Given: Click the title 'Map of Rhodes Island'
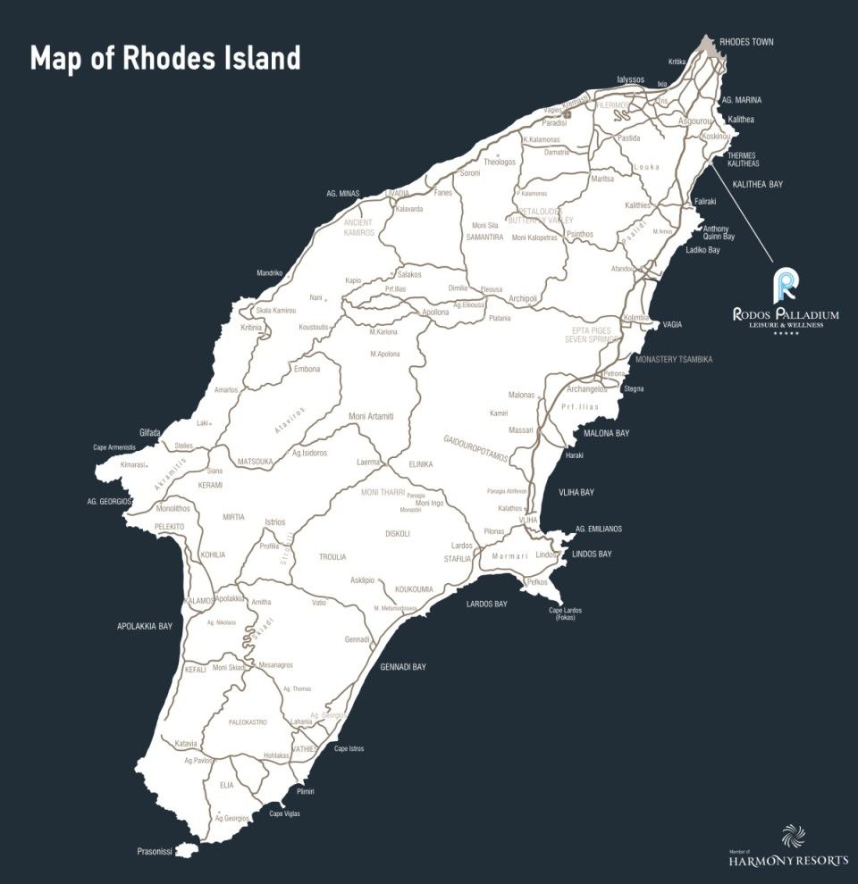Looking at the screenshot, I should click(x=165, y=59).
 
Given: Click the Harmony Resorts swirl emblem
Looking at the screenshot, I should click(x=793, y=837).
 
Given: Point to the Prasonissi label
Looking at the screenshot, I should click(x=156, y=850).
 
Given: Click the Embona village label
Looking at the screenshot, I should click(x=307, y=368).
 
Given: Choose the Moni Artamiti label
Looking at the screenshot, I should click(x=371, y=417).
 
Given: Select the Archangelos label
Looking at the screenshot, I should click(x=587, y=389).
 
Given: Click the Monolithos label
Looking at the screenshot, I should click(x=173, y=509).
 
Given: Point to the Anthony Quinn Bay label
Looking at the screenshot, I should click(x=719, y=232).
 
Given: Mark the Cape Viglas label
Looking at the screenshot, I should click(x=287, y=813).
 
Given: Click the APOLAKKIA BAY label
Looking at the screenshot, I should click(x=145, y=626).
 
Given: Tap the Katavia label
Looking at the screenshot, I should click(x=186, y=743).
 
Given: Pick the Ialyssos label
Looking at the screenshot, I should click(x=630, y=79).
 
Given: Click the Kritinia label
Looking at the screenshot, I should click(x=251, y=328).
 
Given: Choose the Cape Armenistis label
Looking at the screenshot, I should click(x=114, y=447).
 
